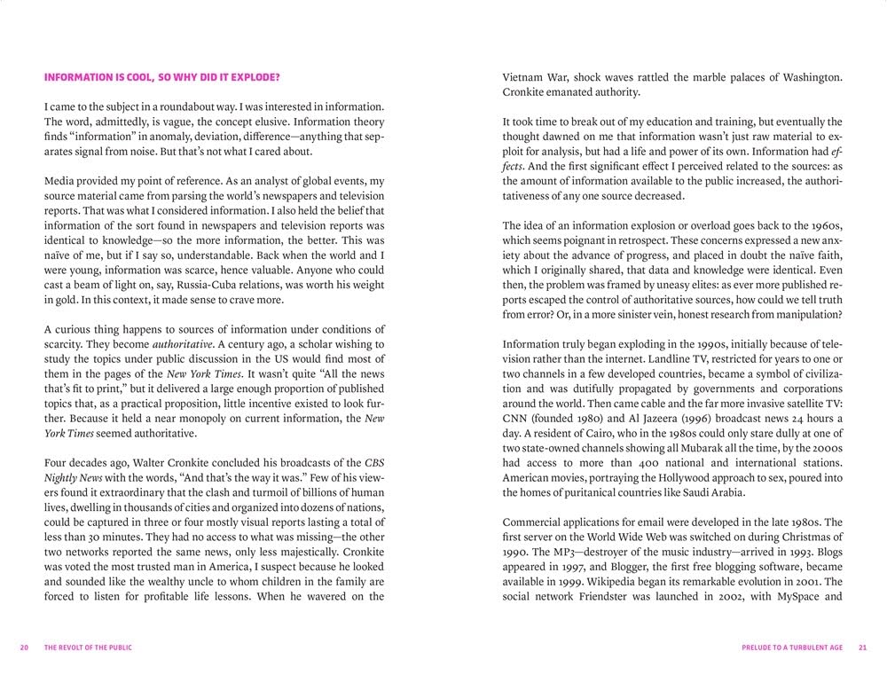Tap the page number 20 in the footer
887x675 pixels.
(25, 648)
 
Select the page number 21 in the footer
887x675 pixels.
(861, 648)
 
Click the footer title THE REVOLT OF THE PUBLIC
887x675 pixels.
(88, 648)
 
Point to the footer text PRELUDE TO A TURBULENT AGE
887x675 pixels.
(792, 648)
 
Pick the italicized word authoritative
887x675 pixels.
(184, 344)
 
